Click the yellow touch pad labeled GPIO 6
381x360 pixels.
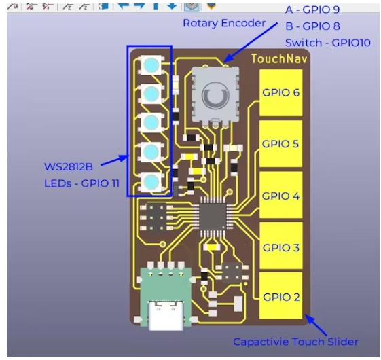tap(281, 92)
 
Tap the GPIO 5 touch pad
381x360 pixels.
tap(281, 143)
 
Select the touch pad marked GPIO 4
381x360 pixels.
tap(281, 195)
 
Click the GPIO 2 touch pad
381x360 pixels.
tap(281, 295)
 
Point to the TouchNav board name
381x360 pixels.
tap(279, 59)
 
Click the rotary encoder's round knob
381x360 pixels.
tap(215, 96)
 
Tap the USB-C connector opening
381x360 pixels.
tap(166, 315)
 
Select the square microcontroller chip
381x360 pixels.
tap(213, 216)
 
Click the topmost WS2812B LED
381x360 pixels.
tap(151, 65)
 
